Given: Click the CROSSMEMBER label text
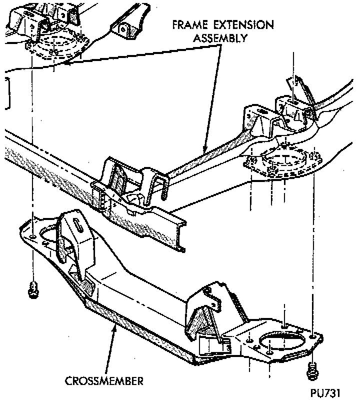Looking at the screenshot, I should point(104,381).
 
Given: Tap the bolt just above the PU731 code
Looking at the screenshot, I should point(312,370).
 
